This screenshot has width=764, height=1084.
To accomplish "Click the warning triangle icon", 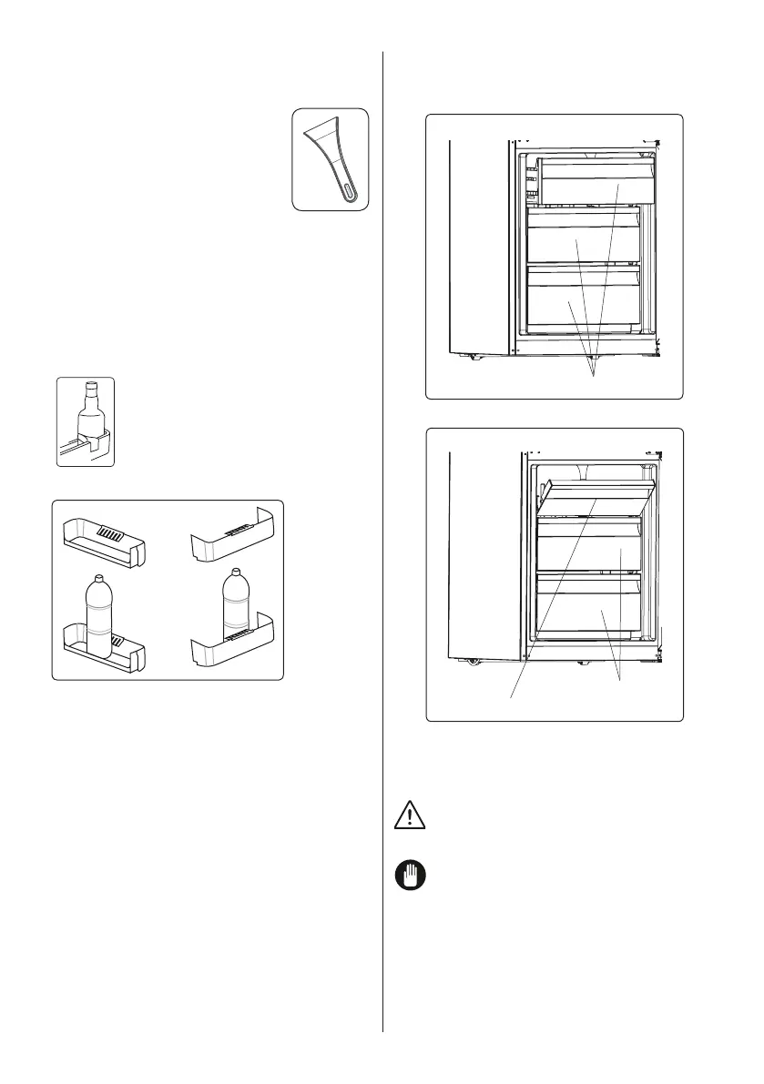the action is pos(410,816).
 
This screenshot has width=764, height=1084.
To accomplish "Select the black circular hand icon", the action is pos(410,876).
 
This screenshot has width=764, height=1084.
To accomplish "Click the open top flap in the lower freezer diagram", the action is pos(596,496).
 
